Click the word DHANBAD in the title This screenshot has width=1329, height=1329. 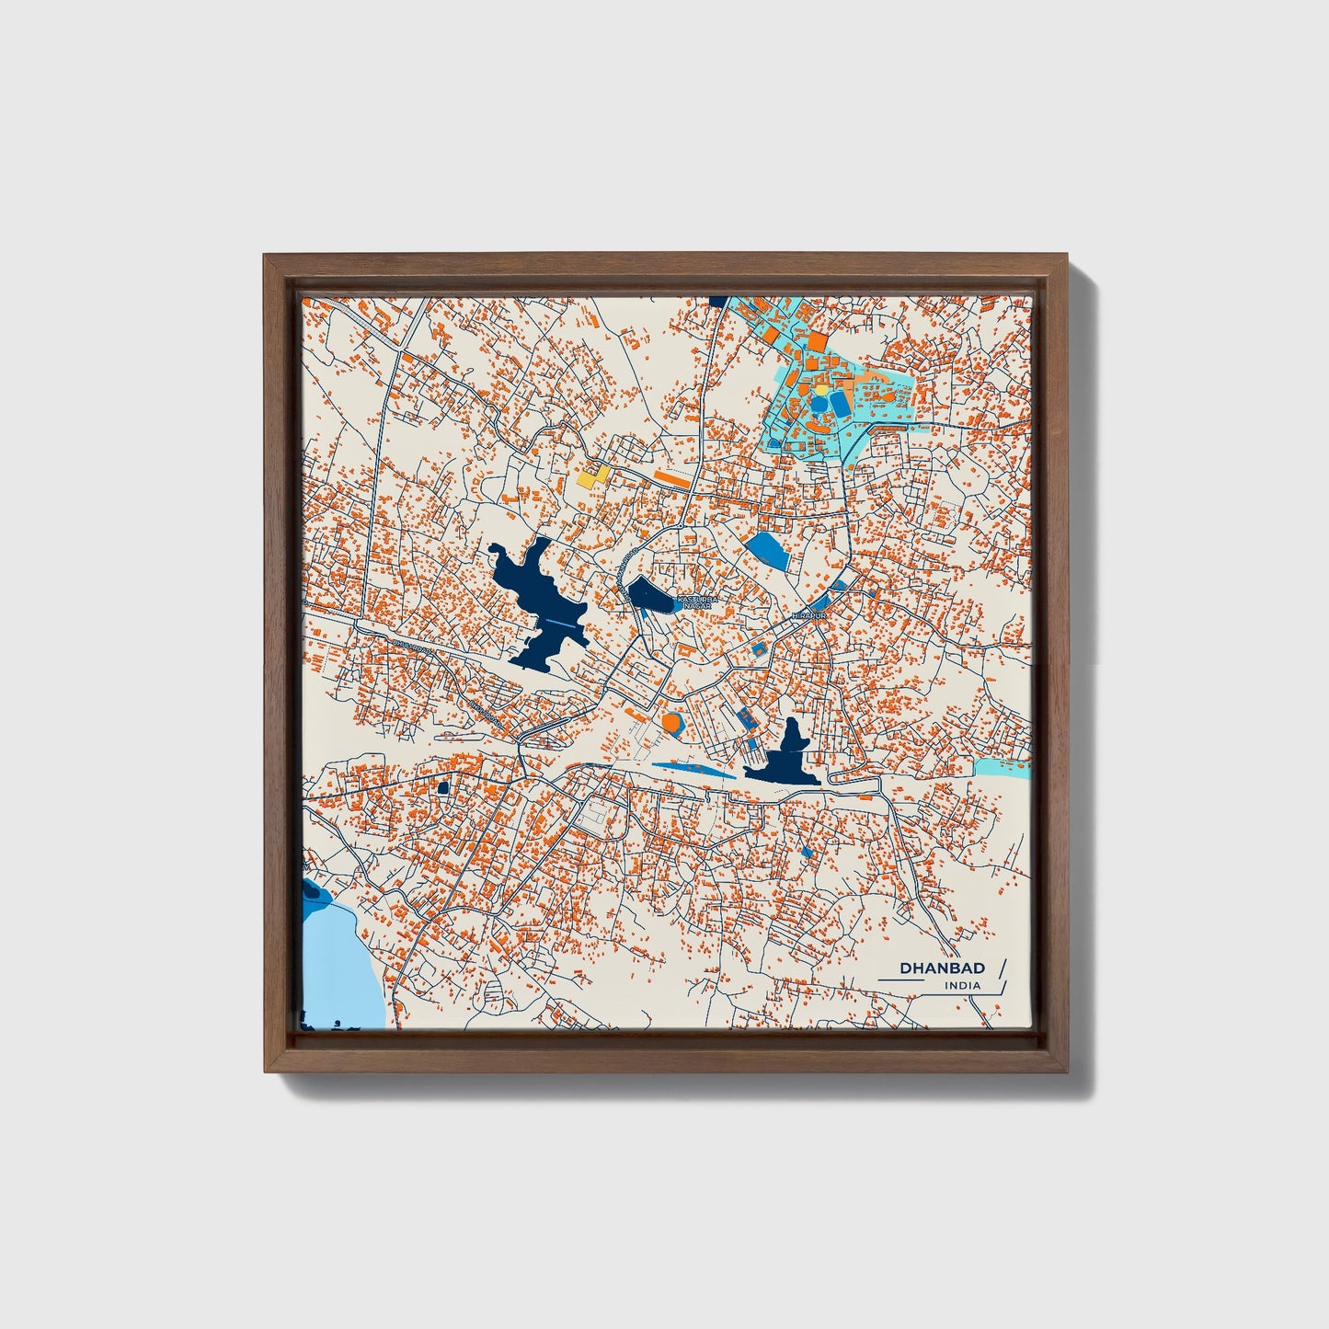click(x=942, y=968)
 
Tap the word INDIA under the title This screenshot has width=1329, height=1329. click(x=962, y=986)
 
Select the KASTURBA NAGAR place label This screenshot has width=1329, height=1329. click(x=694, y=601)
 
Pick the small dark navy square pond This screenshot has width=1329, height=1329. click(x=442, y=787)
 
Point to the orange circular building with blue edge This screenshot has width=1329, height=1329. click(x=672, y=723)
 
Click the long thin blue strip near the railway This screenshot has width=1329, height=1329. click(x=693, y=768)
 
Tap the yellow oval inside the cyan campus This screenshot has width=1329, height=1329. click(x=819, y=390)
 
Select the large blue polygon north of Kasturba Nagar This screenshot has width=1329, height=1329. click(x=768, y=552)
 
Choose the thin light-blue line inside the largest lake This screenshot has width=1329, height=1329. click(x=562, y=624)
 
